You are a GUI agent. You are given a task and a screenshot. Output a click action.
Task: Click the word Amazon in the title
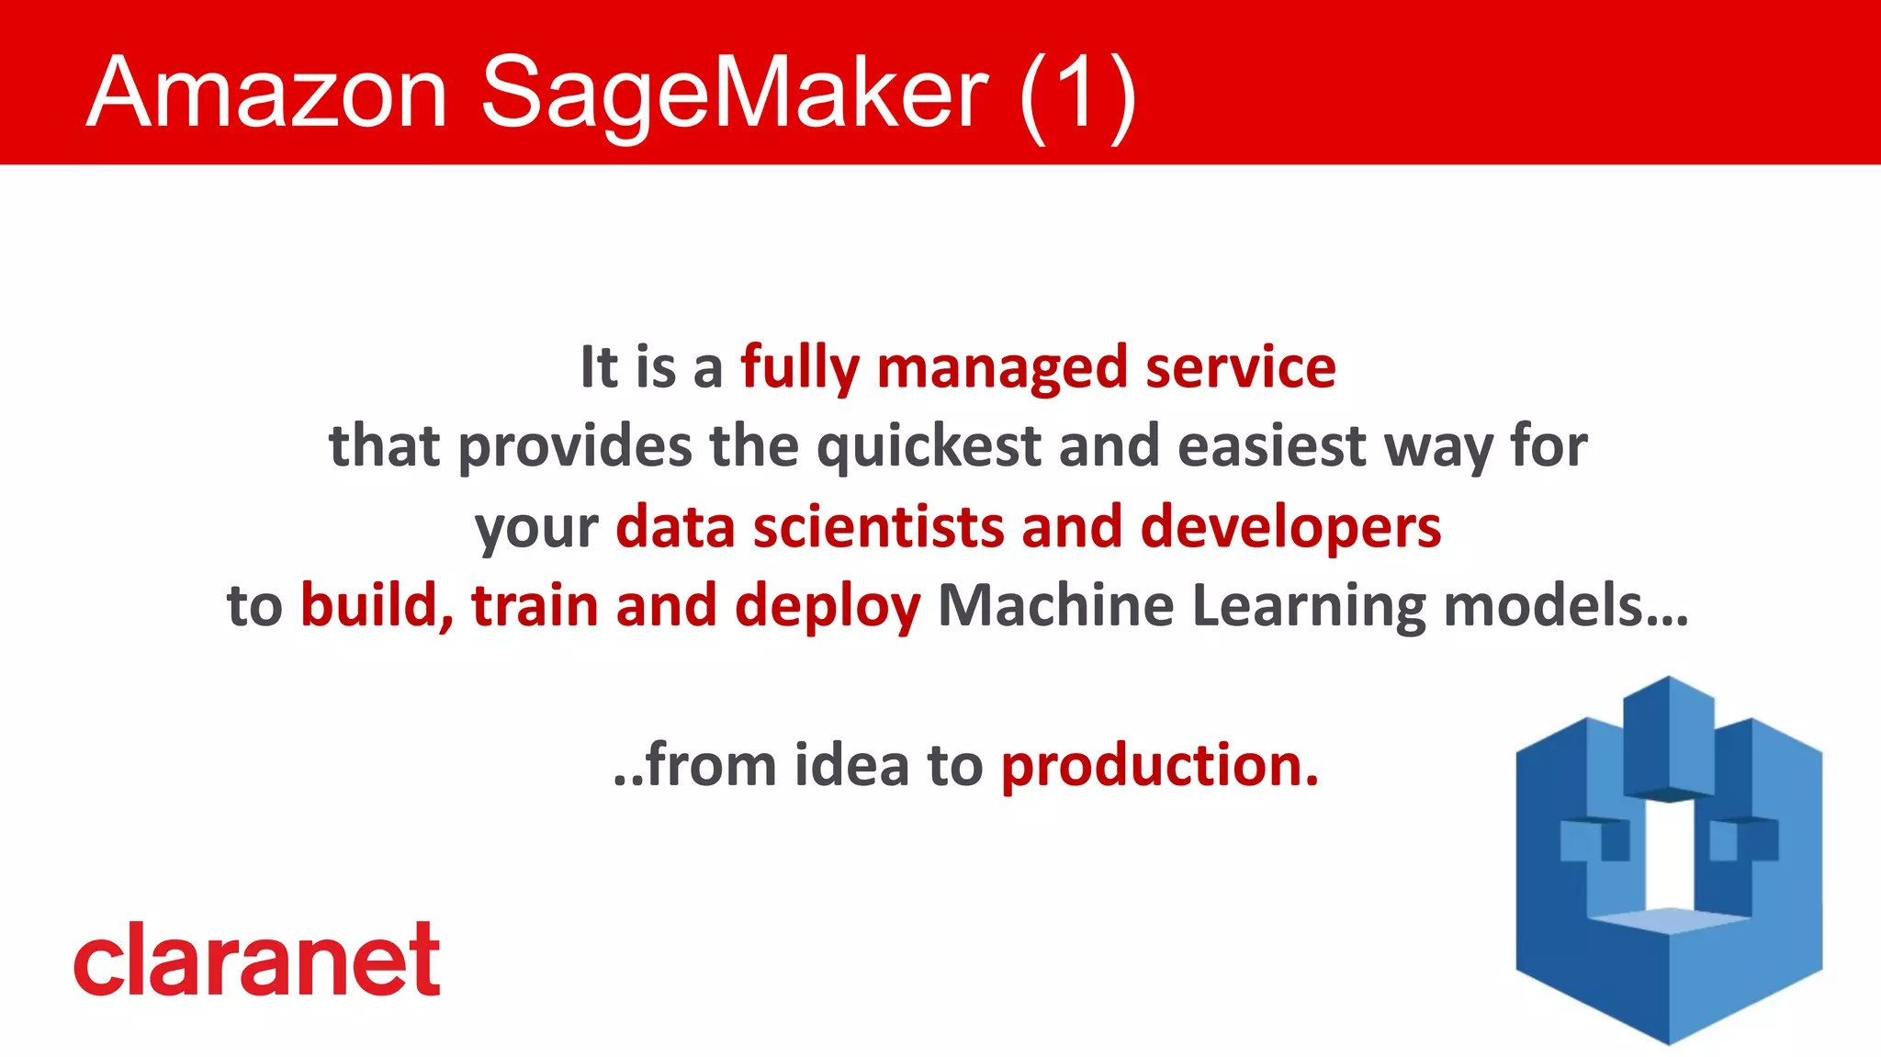coord(266,92)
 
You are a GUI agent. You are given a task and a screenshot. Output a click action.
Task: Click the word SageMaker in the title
coord(734,92)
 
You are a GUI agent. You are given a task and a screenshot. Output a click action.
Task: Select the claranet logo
coord(257,960)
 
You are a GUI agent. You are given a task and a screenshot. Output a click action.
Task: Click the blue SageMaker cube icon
coord(1668,863)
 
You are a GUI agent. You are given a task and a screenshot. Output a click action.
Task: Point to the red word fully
coord(799,367)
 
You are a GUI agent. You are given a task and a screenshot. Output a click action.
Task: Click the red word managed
coord(1002,367)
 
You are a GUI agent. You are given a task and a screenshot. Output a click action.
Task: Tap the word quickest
coord(929,447)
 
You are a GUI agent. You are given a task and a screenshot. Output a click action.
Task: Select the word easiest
coord(1272,447)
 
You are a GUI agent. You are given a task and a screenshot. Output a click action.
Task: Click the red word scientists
coord(878,527)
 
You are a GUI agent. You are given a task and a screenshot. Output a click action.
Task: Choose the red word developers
coord(1290,527)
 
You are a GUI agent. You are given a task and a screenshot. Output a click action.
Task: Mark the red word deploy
coord(827,606)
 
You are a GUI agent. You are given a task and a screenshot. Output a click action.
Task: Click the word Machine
coord(1055,606)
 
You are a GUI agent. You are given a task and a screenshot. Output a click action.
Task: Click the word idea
coord(851,765)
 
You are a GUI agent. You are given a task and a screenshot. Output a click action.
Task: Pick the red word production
coord(1159,765)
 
